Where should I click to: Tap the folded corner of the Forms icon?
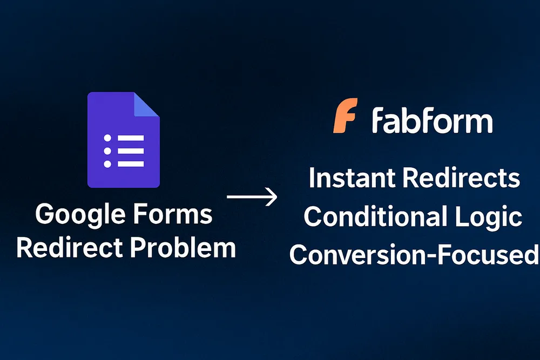(146, 105)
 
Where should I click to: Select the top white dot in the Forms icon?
(107, 138)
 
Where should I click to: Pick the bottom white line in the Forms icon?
(130, 164)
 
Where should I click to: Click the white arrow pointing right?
(252, 197)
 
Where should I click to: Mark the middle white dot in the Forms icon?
(107, 151)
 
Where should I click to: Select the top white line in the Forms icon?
(130, 138)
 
